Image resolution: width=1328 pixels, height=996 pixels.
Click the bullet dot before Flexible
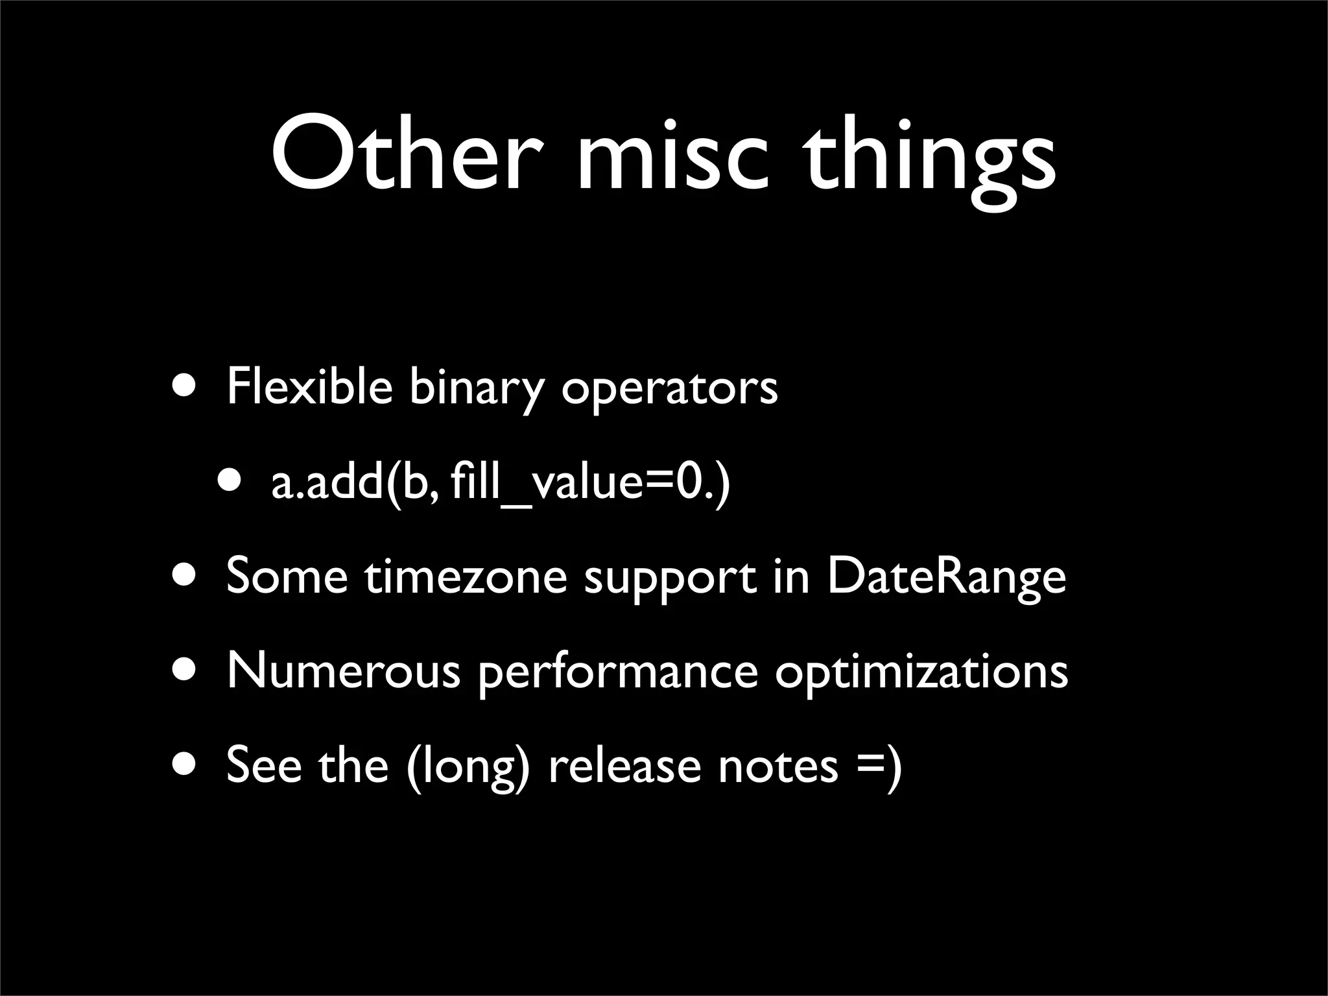pyautogui.click(x=187, y=386)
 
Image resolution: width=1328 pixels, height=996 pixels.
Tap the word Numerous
pyautogui.click(x=343, y=670)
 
